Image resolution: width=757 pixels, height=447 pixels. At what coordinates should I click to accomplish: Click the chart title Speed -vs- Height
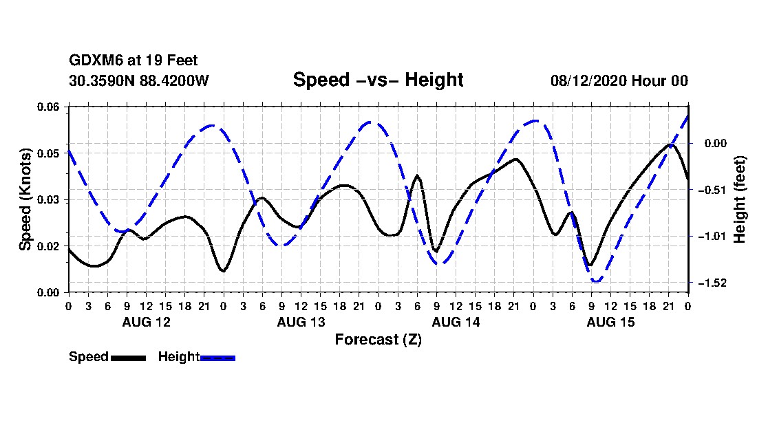click(x=378, y=80)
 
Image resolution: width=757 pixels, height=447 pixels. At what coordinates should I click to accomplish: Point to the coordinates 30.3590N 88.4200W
click(x=139, y=80)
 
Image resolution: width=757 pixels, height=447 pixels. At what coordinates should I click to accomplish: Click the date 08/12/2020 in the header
click(x=588, y=80)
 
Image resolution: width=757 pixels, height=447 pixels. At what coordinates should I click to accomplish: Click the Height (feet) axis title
click(x=739, y=199)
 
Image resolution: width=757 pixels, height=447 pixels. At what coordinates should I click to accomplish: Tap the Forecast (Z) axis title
click(x=378, y=340)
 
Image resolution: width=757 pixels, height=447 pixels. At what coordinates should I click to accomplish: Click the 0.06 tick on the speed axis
click(x=48, y=107)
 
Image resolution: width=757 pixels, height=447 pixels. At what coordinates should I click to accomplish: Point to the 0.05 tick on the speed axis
click(x=48, y=153)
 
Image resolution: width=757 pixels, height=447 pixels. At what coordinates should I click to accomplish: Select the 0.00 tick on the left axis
click(x=48, y=293)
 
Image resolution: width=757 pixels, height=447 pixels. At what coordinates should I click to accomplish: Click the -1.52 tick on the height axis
click(x=712, y=283)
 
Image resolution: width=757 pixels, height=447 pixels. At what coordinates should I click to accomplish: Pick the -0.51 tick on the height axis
click(x=712, y=190)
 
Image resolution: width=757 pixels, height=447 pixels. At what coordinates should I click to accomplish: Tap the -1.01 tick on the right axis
click(x=712, y=237)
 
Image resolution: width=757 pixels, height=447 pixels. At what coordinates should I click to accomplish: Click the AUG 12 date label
click(x=147, y=322)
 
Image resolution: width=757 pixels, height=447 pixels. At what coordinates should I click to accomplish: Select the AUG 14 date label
click(x=456, y=322)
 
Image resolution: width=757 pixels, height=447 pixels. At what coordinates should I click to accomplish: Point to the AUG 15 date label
click(x=610, y=322)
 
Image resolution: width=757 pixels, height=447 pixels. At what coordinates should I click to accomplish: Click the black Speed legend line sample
click(x=129, y=358)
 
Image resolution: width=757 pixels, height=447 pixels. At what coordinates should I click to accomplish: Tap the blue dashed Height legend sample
click(x=217, y=358)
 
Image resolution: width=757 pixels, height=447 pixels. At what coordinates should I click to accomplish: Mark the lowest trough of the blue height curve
click(x=597, y=281)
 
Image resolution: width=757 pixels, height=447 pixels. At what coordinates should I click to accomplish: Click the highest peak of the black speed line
click(x=670, y=144)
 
